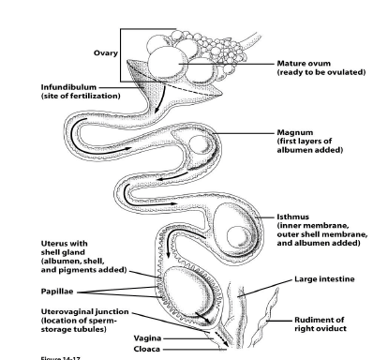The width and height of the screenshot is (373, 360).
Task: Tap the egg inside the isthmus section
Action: [233, 224]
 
